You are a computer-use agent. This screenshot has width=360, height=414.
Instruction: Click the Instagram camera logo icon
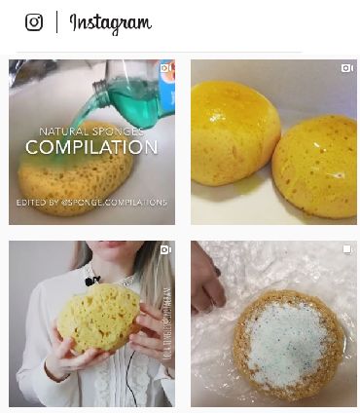(34, 22)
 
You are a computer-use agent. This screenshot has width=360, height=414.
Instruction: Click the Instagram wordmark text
(110, 23)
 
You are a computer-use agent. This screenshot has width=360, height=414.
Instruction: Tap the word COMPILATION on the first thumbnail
(91, 148)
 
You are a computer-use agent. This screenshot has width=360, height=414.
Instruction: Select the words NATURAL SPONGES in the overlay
(91, 131)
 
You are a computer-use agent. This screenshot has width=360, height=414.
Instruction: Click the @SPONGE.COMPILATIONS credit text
(91, 203)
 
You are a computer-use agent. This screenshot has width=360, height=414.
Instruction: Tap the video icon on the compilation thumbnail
(166, 68)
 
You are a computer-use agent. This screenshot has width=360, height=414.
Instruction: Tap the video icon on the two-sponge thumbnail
(347, 68)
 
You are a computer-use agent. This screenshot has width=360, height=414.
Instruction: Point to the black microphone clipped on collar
(90, 281)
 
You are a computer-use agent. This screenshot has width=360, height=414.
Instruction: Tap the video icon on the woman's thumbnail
(166, 250)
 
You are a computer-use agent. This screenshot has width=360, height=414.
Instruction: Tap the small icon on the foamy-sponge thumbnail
(347, 250)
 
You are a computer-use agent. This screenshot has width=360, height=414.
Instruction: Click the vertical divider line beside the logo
(56, 22)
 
